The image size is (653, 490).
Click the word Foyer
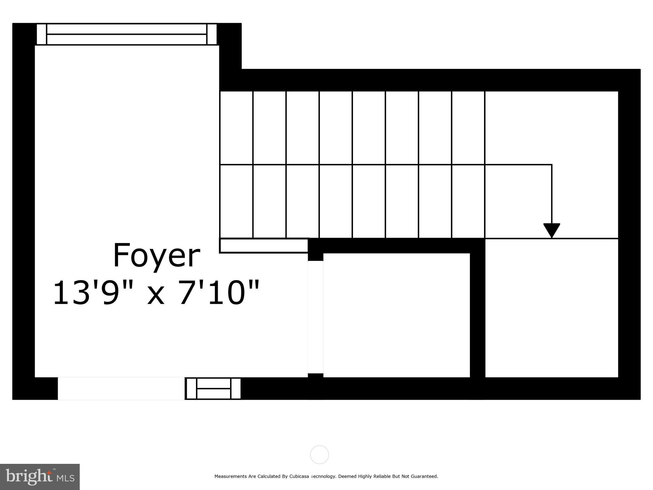pyautogui.click(x=156, y=256)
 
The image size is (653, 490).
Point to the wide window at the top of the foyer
pyautogui.click(x=127, y=34)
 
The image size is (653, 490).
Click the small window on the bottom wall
pyautogui.click(x=213, y=388)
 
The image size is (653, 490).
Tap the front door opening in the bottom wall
pyautogui.click(x=121, y=388)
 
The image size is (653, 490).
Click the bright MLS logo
pyautogui.click(x=40, y=477)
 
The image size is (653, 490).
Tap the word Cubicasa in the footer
pyautogui.click(x=299, y=476)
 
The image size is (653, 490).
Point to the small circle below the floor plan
pyautogui.click(x=319, y=455)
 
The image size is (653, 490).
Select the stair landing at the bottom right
pyautogui.click(x=552, y=308)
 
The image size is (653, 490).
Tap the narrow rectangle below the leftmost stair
pyautogui.click(x=264, y=246)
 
